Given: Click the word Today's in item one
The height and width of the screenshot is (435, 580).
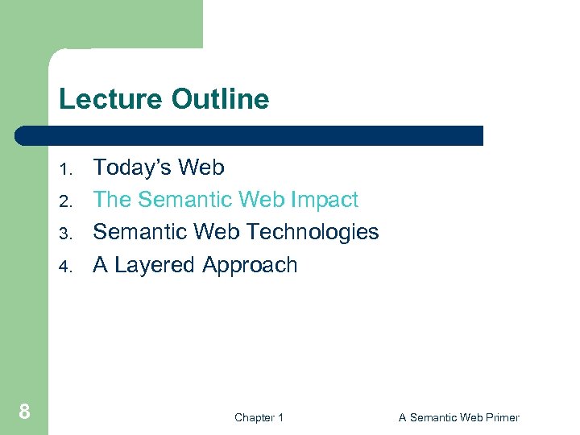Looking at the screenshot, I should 132,168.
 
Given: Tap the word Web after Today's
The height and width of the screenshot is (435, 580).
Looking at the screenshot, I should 201,168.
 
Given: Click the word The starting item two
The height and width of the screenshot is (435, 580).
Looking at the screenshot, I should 112,200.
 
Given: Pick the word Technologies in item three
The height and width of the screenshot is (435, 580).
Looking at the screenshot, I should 313,232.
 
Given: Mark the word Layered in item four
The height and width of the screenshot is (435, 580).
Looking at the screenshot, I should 155,265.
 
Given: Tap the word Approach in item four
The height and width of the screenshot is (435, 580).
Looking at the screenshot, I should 250,265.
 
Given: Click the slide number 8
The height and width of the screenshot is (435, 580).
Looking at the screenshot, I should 24,412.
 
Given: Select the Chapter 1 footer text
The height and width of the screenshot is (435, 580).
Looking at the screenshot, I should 259,417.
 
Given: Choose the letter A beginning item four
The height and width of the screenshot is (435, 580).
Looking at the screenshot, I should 101,265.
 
